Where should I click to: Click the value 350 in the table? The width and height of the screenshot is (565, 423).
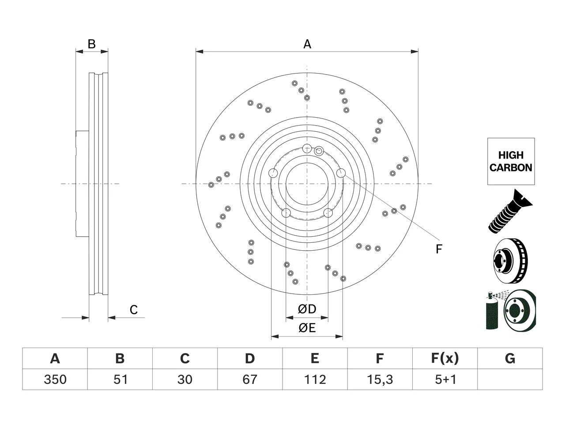tap(55, 379)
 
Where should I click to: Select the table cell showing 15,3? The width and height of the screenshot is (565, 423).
tap(380, 379)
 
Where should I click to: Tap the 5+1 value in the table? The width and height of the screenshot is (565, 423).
tap(445, 379)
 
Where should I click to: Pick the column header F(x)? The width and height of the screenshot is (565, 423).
tap(445, 358)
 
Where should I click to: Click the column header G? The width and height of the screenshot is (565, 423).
tap(510, 358)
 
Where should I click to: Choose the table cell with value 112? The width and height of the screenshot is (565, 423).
tap(315, 379)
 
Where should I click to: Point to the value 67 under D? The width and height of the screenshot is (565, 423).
tap(250, 379)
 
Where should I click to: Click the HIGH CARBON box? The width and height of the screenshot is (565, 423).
tap(511, 161)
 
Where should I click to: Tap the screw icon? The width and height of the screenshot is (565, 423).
tap(510, 211)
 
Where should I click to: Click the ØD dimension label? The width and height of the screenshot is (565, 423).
tap(307, 309)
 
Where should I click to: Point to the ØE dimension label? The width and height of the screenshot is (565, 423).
tap(307, 328)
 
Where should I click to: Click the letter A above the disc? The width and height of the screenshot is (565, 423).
tap(307, 44)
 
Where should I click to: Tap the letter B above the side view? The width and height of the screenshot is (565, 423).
tap(92, 44)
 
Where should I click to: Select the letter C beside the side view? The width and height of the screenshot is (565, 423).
tap(134, 310)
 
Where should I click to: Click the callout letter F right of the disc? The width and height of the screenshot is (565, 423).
tap(439, 249)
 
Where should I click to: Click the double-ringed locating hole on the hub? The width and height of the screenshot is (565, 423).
tap(319, 151)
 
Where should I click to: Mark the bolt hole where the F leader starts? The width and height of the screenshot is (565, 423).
tap(341, 173)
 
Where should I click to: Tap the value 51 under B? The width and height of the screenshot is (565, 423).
tap(120, 379)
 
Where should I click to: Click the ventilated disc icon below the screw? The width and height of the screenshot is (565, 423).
tap(511, 261)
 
